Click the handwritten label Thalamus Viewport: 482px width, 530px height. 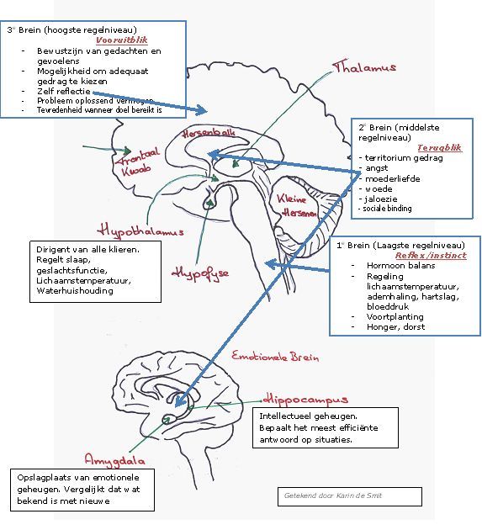363,67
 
